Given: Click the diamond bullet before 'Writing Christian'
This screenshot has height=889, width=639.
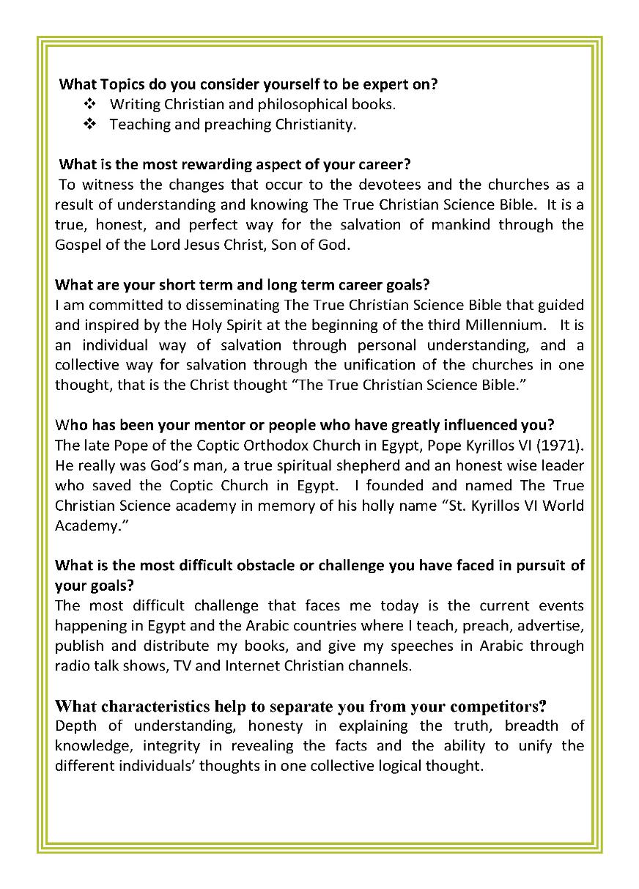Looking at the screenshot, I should pos(90,104).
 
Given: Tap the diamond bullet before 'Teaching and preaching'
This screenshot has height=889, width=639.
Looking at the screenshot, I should pos(90,125).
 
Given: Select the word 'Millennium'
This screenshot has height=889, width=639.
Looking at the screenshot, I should pos(502,325).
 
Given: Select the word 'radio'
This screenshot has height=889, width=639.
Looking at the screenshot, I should pos(72,666).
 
